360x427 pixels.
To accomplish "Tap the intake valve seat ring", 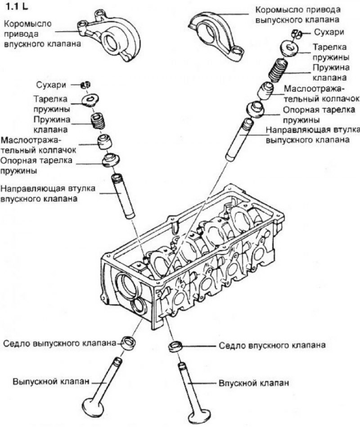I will pos(175,346).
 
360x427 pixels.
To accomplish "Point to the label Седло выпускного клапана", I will pos(61,342).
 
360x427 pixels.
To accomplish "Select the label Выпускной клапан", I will pos(50,382).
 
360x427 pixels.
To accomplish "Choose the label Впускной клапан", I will pos(253,383).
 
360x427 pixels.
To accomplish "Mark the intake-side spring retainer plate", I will pos(91,99).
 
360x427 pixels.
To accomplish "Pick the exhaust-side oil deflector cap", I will pos(265,90).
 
